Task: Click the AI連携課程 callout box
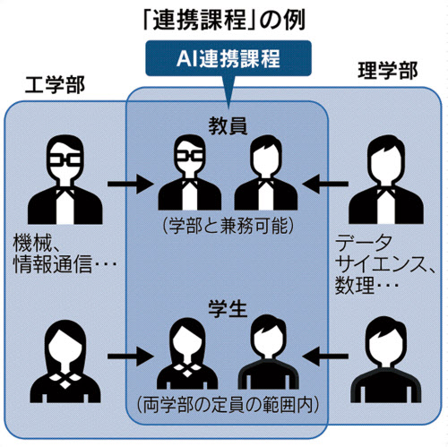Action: point(228,58)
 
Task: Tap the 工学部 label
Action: point(55,85)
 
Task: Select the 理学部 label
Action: point(388,71)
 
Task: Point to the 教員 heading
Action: point(228,126)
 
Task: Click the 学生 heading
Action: point(228,309)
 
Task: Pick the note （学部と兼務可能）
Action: point(228,226)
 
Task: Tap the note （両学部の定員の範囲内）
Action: point(228,405)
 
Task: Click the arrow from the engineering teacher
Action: point(131,184)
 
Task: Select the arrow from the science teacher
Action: point(325,184)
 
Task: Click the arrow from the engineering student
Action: point(131,357)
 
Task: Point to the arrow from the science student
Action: point(325,357)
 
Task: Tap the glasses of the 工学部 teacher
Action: point(65,160)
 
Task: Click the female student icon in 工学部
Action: point(65,361)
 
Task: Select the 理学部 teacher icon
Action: point(386,179)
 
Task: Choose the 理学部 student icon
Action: point(386,359)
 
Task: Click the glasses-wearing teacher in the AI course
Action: point(190,172)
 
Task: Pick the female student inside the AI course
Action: point(187,353)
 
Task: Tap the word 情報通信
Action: point(52,264)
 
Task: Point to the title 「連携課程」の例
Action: point(225,21)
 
